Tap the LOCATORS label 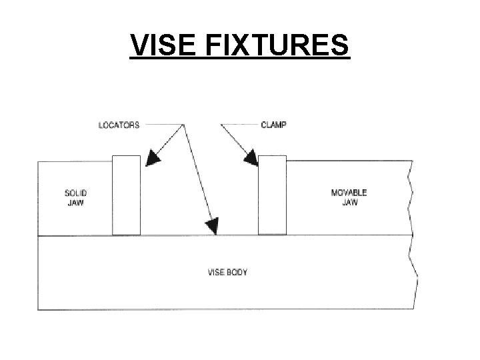[119, 125]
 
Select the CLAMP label [273, 125]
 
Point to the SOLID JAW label [75, 197]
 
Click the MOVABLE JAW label [349, 197]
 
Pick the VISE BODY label [227, 273]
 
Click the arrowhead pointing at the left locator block [153, 158]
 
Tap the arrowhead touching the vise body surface [212, 227]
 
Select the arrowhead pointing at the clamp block [251, 158]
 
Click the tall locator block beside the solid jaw [126, 195]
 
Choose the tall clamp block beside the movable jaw [272, 195]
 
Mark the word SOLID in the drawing [75, 193]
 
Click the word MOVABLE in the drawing [349, 193]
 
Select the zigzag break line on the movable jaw [411, 197]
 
